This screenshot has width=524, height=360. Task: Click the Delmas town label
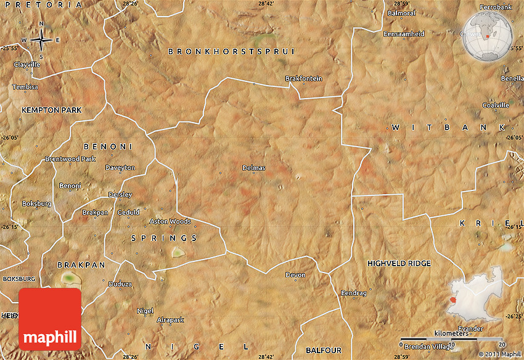click(253, 167)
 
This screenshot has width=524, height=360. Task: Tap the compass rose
click(41, 40)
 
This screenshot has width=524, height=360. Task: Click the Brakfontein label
click(303, 78)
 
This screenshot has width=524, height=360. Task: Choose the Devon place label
click(295, 275)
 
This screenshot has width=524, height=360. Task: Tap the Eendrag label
click(354, 293)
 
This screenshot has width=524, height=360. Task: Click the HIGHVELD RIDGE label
click(399, 263)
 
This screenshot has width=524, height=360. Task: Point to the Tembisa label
click(25, 87)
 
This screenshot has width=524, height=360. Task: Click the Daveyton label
click(120, 167)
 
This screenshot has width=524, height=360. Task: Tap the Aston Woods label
click(170, 221)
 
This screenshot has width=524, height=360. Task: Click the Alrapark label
click(170, 320)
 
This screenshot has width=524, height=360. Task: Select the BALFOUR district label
click(323, 350)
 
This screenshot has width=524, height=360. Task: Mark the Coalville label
click(496, 105)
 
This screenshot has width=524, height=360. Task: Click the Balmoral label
click(401, 13)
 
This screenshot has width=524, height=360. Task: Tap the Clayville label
click(27, 64)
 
